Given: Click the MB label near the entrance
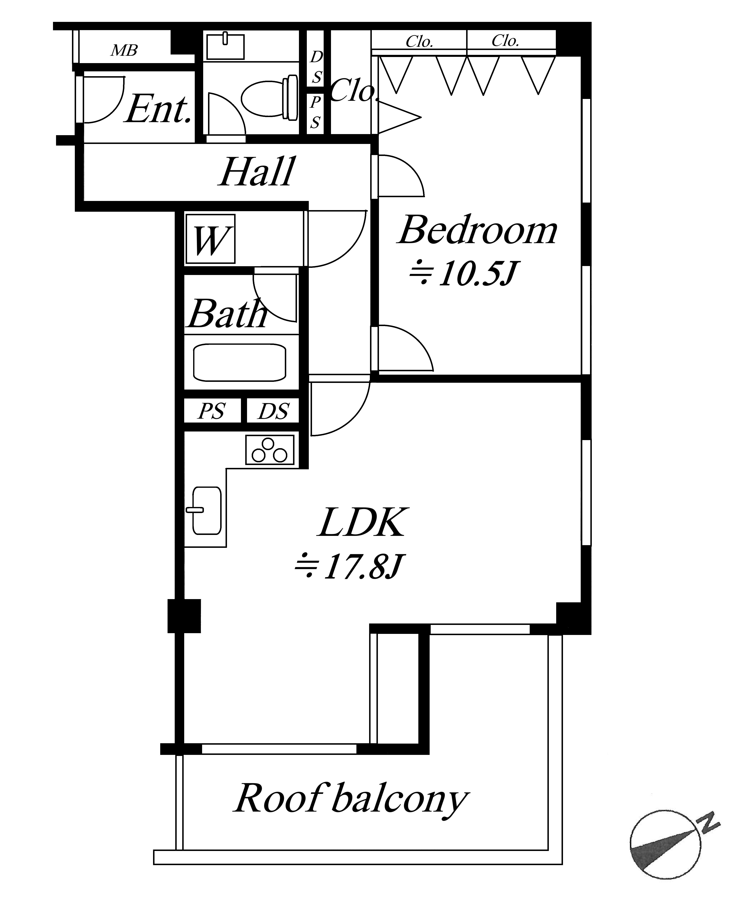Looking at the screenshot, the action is point(124,51).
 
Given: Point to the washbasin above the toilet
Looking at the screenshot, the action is point(225,46).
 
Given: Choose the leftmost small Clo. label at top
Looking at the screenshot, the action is point(419,41).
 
